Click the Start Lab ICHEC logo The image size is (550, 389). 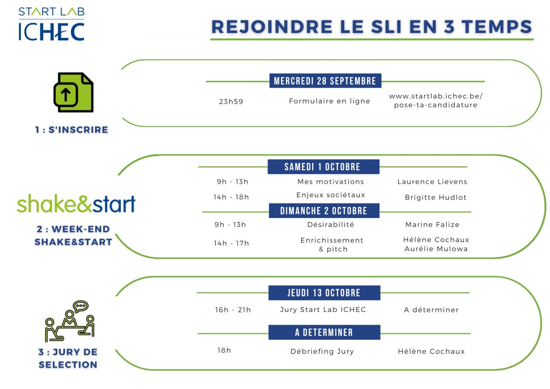point(51,24)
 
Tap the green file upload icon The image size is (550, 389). point(73,92)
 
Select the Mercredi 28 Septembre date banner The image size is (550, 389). point(325,81)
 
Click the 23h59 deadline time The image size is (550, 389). point(231,101)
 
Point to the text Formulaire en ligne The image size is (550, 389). point(330,101)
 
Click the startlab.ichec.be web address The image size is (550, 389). point(435,100)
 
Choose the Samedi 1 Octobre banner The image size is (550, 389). point(324,167)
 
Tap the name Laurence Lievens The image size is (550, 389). point(432,182)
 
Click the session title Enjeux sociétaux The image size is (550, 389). point(331,195)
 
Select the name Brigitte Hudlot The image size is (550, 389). point(435,197)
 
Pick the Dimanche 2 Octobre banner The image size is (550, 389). point(324,211)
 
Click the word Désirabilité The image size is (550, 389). point(331,224)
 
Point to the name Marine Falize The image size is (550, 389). point(432,225)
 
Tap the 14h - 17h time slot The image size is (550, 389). point(231,243)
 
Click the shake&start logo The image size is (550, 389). point(76,203)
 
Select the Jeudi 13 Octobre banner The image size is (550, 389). point(324,293)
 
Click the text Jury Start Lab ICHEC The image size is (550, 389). point(323,310)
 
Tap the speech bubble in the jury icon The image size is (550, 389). point(80,306)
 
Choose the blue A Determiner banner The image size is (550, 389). point(324,332)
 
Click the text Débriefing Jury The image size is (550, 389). point(322,351)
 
